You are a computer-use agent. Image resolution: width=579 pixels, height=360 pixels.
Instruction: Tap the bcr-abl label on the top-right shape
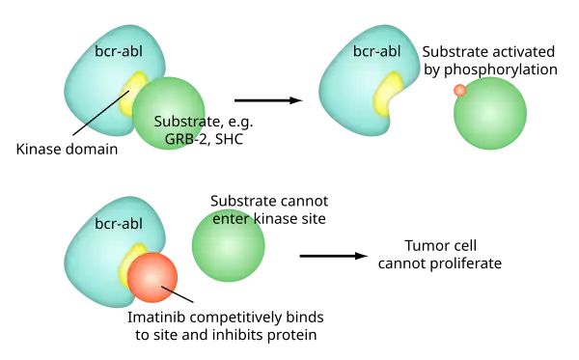376,52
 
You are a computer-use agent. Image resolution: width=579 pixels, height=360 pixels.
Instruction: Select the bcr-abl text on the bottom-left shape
118,224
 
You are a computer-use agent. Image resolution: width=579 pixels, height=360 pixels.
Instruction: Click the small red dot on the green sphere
459,90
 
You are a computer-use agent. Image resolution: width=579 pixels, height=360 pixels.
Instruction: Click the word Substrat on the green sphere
180,122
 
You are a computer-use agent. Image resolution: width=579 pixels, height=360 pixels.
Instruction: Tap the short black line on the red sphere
168,291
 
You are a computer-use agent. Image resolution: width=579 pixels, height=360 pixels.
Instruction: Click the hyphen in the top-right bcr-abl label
376,53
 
